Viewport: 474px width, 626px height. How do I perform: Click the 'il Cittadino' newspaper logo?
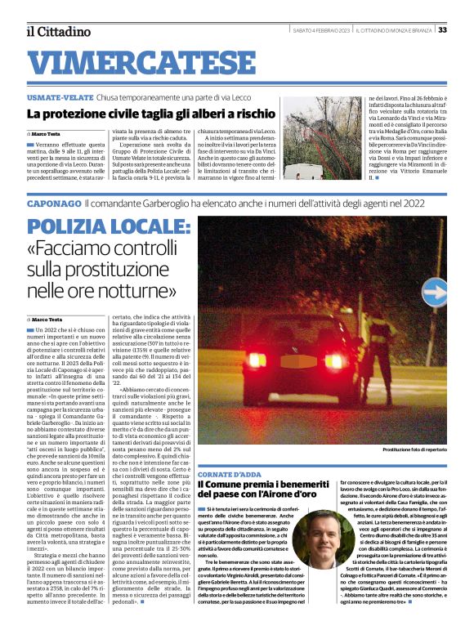point(58,31)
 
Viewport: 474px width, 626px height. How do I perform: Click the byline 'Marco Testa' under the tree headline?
point(47,132)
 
